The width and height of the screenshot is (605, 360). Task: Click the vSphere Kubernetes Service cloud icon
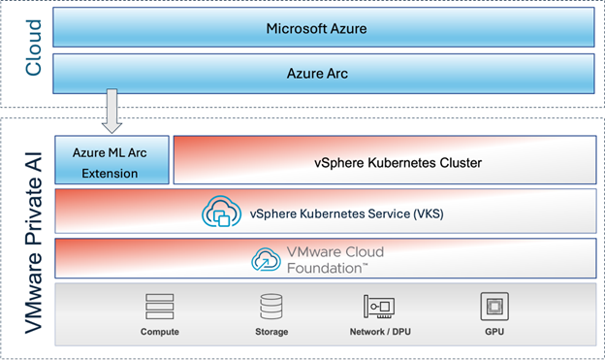point(220,212)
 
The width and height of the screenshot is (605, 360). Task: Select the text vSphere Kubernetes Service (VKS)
point(346,213)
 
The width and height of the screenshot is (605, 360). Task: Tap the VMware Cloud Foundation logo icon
point(266,259)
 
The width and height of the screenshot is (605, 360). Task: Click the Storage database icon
point(272,308)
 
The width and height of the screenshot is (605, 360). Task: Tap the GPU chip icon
point(495,308)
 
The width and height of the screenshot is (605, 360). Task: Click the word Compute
point(160,333)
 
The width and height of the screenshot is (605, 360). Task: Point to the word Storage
point(272,333)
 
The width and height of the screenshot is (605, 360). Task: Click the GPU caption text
point(495,333)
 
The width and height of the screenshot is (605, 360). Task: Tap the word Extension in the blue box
point(111,173)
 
